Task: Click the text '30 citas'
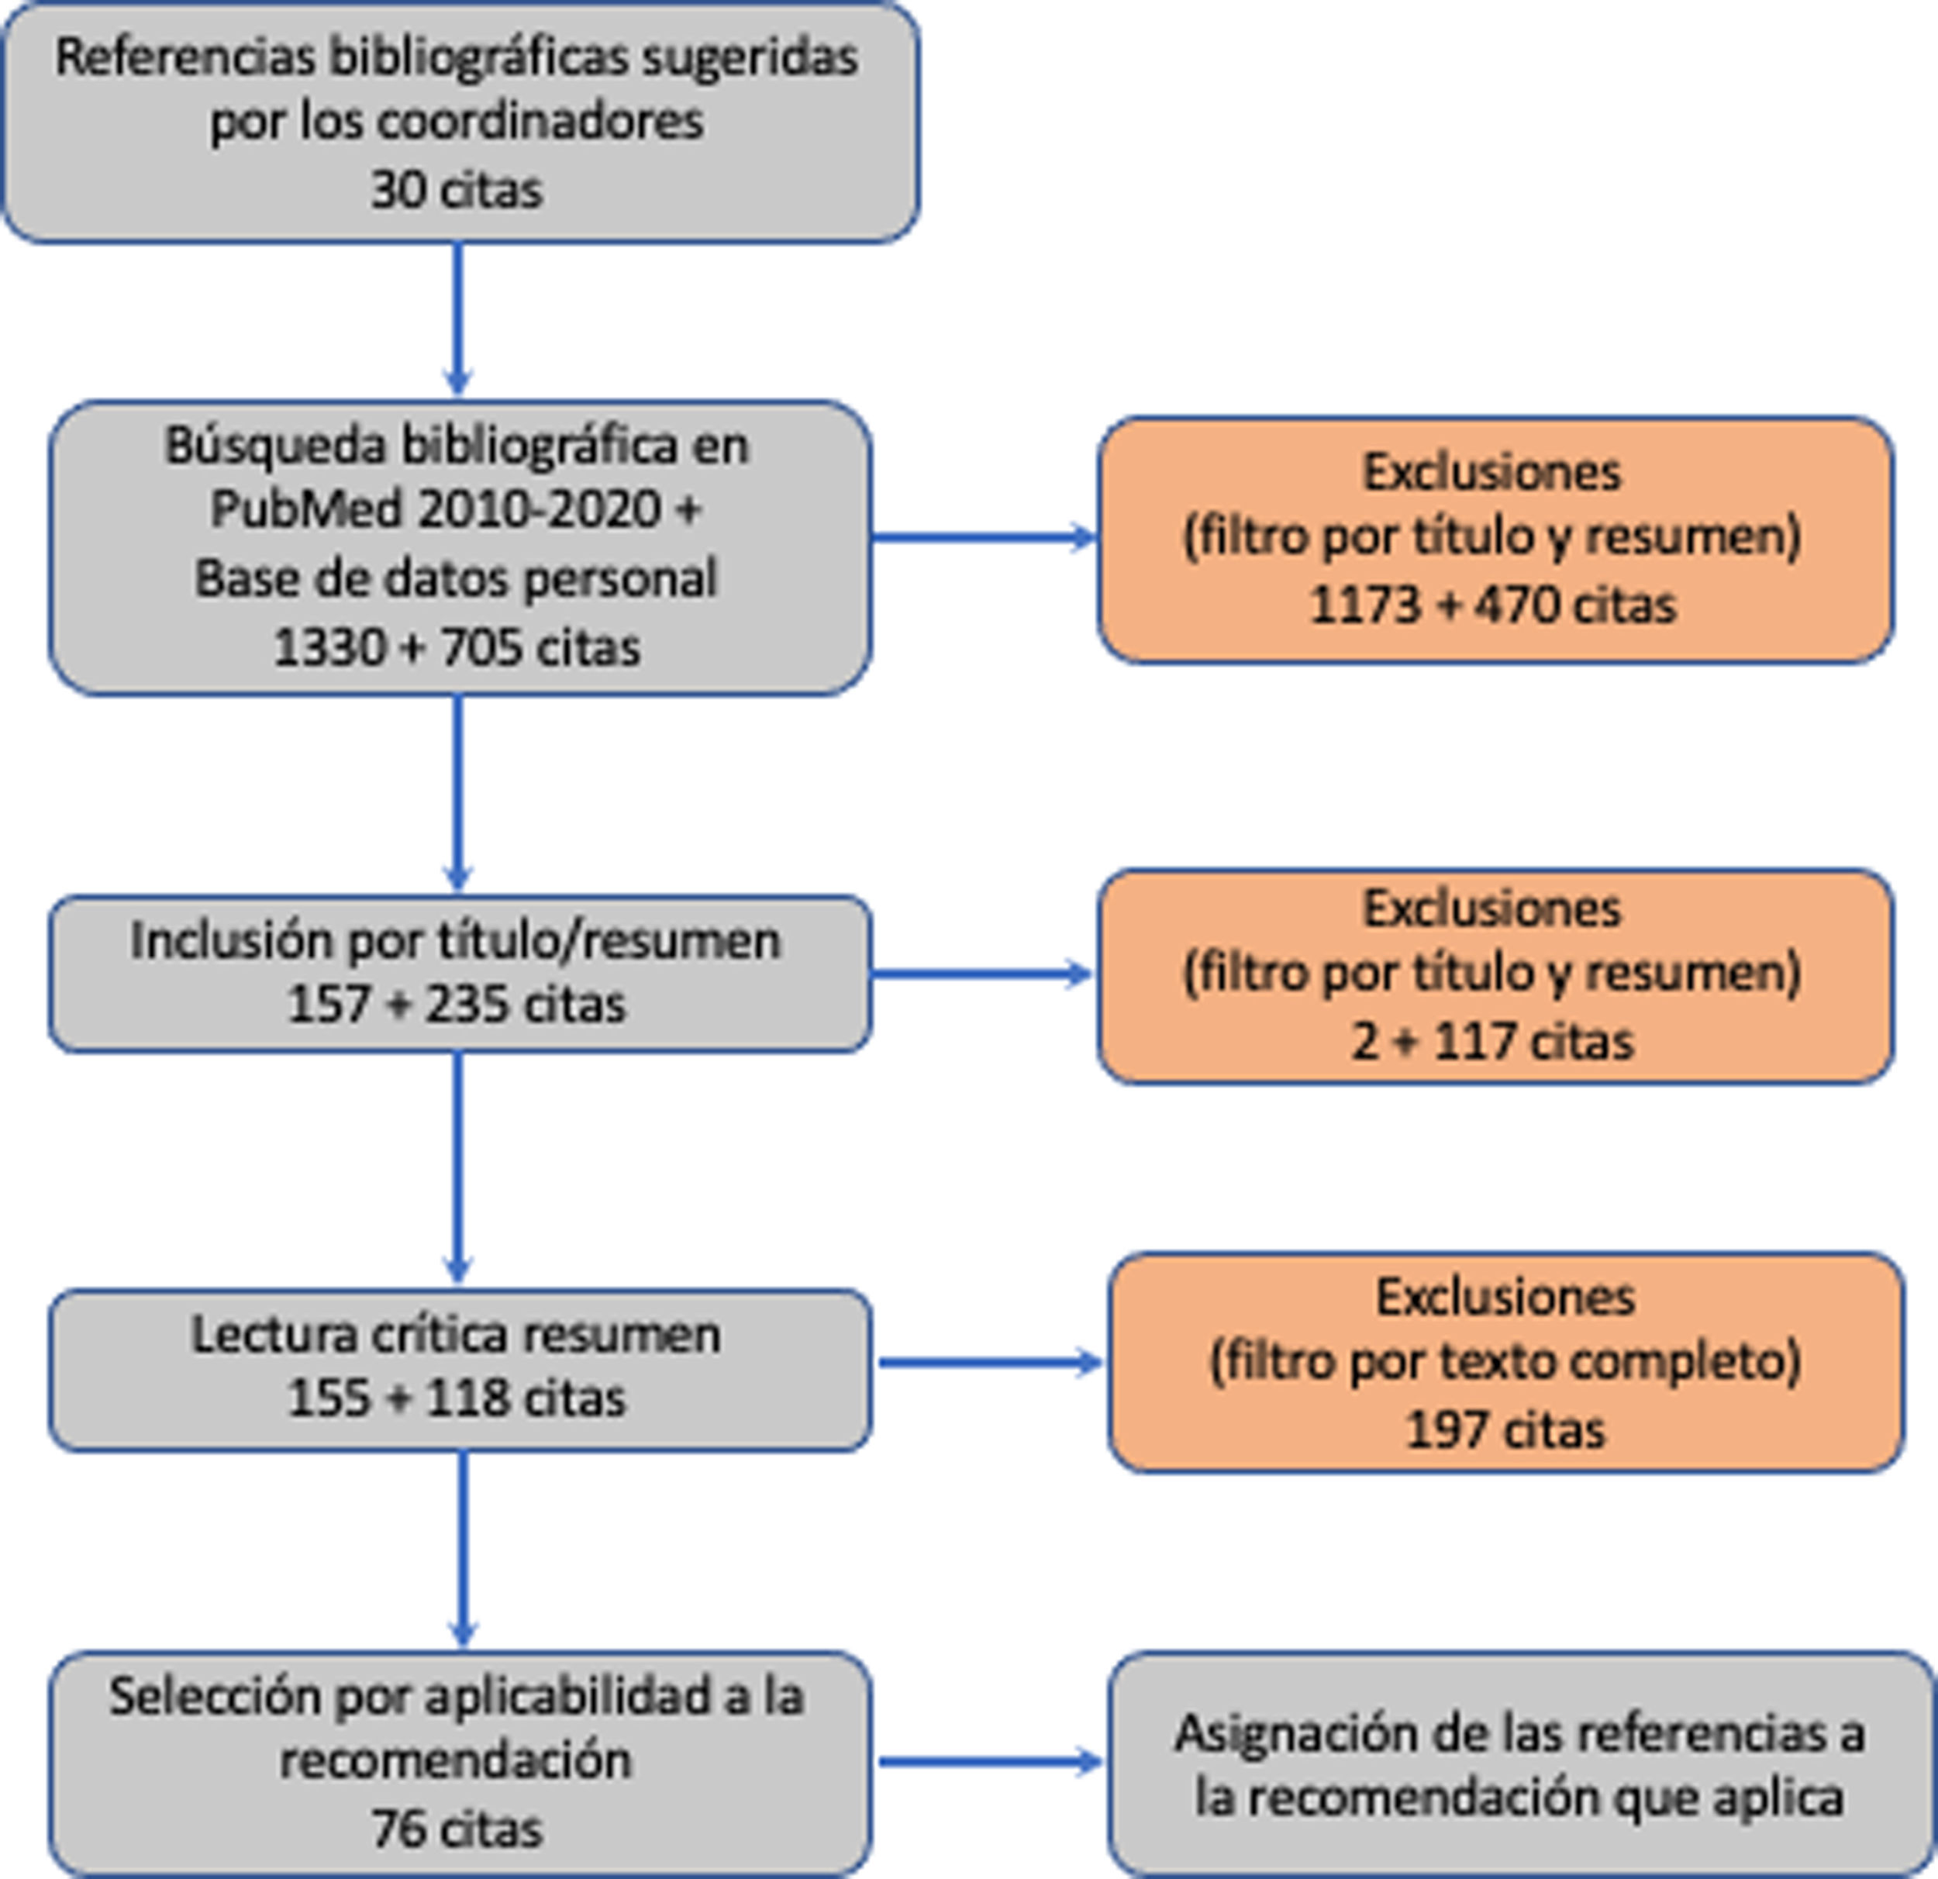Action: (x=456, y=189)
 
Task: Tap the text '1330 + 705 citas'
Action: (x=456, y=648)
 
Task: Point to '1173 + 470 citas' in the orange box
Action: (x=1493, y=605)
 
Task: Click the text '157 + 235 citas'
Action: (x=456, y=1005)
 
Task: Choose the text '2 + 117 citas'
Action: (x=1493, y=1041)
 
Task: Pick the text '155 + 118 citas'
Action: (x=456, y=1398)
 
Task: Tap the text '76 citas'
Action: (x=456, y=1829)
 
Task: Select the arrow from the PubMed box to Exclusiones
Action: (x=984, y=538)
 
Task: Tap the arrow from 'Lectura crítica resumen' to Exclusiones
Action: (x=990, y=1362)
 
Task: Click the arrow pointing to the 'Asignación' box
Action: (x=990, y=1761)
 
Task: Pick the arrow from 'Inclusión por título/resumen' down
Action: (x=457, y=1167)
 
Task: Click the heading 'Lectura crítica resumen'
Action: (x=456, y=1334)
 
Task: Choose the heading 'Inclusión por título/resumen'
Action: (x=456, y=940)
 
